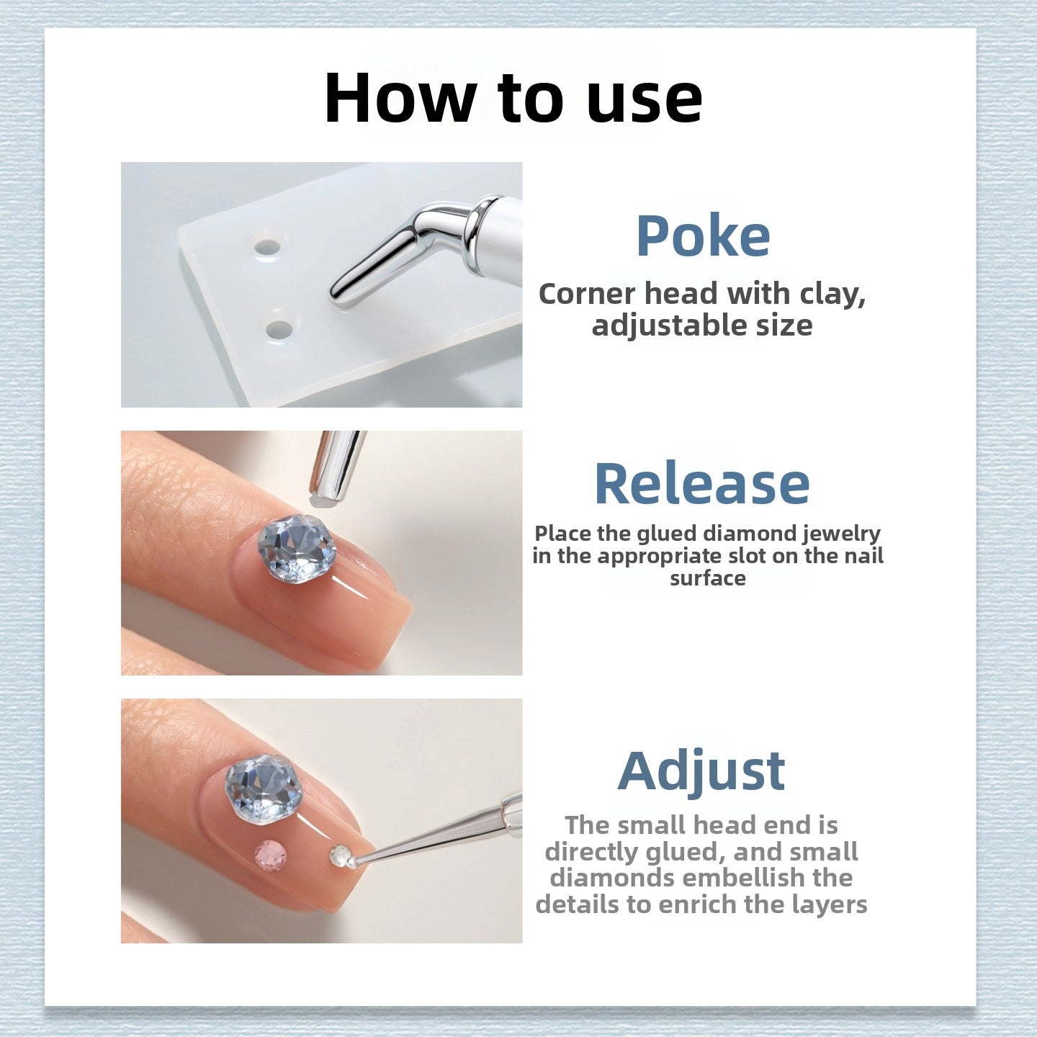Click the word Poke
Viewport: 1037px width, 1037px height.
pos(702,236)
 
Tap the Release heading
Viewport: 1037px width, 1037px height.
pos(701,484)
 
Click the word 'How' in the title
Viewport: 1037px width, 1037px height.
pos(400,99)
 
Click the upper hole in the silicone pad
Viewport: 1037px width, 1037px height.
pos(266,248)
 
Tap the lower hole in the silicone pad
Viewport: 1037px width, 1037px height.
pos(279,330)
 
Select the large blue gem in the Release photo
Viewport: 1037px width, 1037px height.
pos(296,548)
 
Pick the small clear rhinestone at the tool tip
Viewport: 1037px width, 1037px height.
pos(340,856)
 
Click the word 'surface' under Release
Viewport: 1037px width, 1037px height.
pos(707,578)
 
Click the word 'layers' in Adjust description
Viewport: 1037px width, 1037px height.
pos(830,904)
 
